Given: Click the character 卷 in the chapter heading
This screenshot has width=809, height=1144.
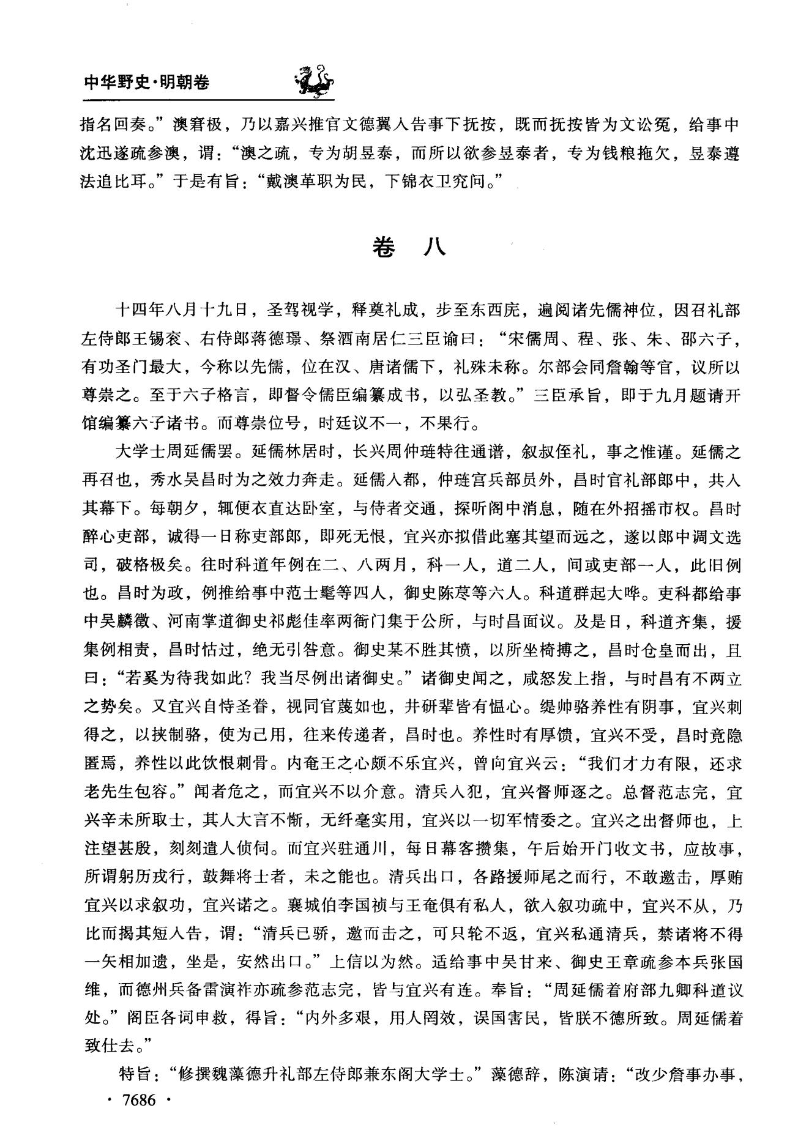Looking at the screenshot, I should click(384, 247).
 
